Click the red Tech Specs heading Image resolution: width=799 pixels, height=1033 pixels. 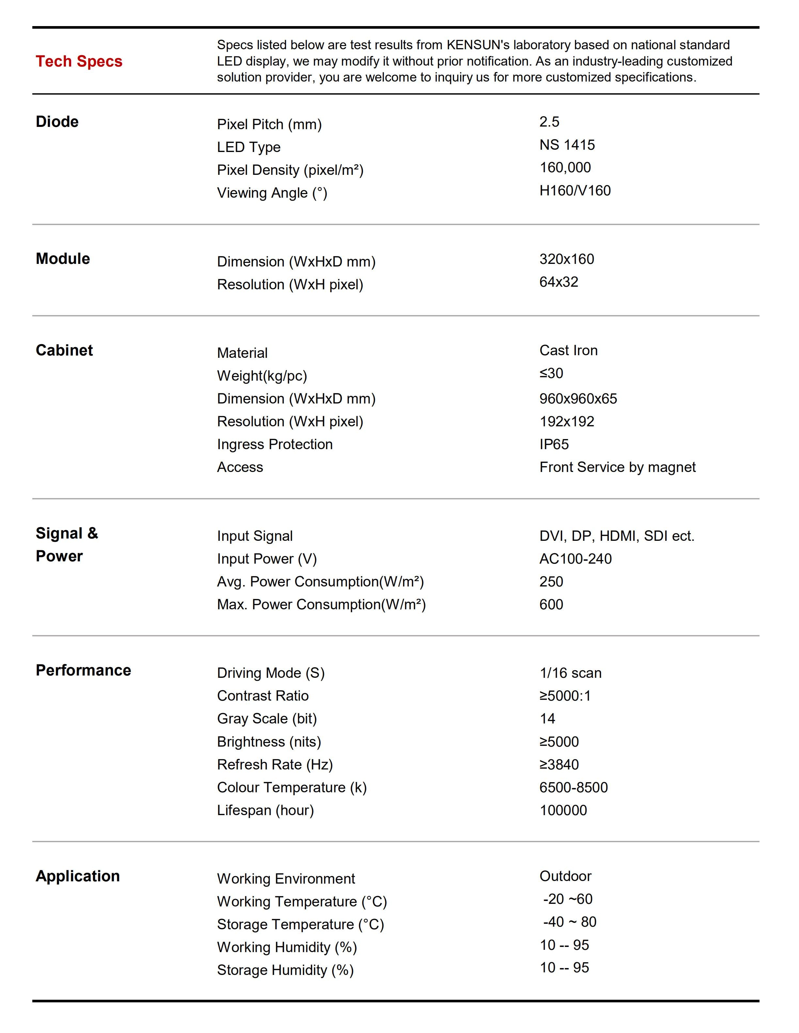tap(79, 62)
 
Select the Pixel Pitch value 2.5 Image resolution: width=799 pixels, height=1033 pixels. tap(549, 122)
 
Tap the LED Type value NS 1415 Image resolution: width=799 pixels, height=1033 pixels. tap(567, 145)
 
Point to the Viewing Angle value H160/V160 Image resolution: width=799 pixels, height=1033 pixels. tap(575, 190)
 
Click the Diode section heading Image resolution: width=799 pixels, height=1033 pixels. tap(57, 122)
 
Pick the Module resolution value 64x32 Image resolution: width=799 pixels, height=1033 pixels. tap(558, 282)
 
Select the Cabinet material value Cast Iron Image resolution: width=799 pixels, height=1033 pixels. tap(568, 351)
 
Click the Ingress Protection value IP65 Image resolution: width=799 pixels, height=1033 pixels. tap(554, 444)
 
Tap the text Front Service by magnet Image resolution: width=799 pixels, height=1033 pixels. tap(617, 467)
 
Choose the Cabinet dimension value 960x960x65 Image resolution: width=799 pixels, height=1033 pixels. tap(578, 399)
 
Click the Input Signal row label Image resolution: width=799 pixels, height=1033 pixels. tap(255, 536)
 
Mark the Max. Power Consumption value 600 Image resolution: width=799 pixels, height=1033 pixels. tap(551, 604)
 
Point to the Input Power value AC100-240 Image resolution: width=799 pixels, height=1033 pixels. tap(575, 559)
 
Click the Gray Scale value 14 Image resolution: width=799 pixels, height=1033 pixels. tap(547, 719)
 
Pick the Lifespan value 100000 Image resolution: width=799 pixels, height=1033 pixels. tap(563, 810)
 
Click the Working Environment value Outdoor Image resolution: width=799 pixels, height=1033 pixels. tap(565, 876)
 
